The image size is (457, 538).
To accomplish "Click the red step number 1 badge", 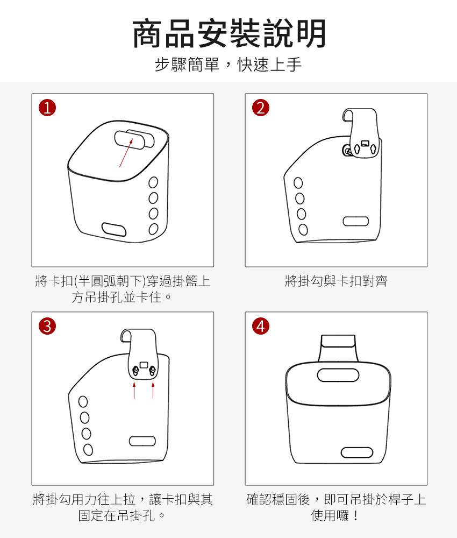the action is [x=47, y=108].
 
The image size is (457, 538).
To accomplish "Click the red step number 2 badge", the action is [x=261, y=108].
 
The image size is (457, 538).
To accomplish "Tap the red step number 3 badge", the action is [x=47, y=326].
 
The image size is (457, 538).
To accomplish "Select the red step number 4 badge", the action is [x=261, y=326].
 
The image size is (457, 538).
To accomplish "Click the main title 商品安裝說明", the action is [x=229, y=33].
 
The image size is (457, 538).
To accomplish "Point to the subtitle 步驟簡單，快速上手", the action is [x=228, y=65].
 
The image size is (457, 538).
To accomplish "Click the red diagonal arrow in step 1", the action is [x=126, y=153].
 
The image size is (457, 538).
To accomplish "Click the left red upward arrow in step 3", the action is [x=134, y=391].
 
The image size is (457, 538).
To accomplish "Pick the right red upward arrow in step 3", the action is [x=153, y=391].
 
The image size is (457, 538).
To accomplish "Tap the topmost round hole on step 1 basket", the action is [x=153, y=182].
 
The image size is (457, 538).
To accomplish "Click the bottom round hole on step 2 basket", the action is [x=303, y=230].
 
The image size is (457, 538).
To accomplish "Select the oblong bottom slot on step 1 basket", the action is [x=114, y=229].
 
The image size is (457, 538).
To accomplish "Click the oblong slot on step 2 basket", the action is [x=356, y=221].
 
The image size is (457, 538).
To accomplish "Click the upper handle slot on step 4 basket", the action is [x=338, y=375].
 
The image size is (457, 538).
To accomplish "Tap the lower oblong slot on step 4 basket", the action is [x=357, y=452].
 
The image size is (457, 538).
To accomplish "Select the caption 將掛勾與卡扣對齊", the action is [x=336, y=281].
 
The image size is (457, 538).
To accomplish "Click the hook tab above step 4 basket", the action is [x=338, y=347].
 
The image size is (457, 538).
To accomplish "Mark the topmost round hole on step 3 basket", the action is [x=83, y=401].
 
